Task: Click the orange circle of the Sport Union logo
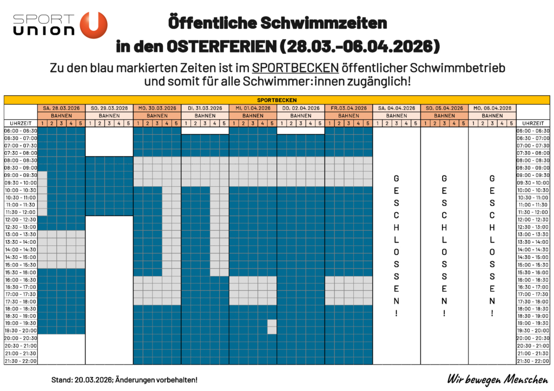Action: pos(94,25)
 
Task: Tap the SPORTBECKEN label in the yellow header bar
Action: pos(276,100)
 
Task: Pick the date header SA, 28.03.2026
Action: pos(61,108)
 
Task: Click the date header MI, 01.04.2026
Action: pos(253,108)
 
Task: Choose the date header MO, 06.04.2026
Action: pos(492,108)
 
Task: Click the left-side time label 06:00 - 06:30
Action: pos(20,131)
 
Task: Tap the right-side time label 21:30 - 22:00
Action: pos(533,361)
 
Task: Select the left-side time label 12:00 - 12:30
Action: pos(20,219)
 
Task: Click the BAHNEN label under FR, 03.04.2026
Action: pos(348,115)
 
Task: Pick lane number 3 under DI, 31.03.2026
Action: pos(205,123)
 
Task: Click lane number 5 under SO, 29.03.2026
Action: pos(128,123)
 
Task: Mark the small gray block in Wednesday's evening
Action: pos(272,327)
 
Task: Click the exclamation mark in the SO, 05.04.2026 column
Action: pos(444,313)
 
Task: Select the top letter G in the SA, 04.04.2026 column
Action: pos(397,178)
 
